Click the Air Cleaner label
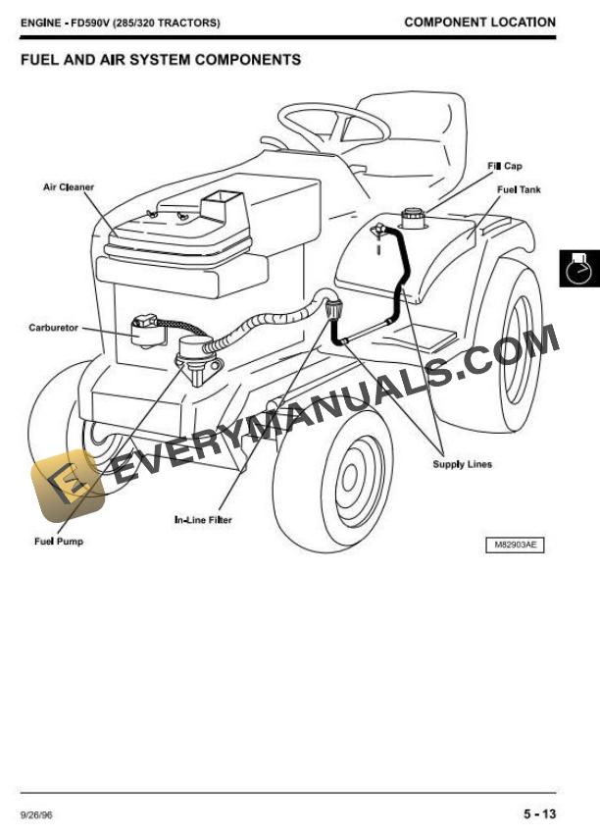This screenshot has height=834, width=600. (68, 186)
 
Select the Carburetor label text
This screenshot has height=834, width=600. (54, 328)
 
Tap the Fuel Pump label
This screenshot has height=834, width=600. (60, 542)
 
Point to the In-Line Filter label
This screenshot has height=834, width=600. (203, 520)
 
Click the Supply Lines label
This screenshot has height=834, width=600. (463, 464)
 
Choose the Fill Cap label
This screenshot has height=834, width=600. (505, 166)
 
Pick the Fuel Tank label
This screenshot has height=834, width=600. (519, 189)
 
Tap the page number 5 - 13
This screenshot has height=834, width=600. (539, 813)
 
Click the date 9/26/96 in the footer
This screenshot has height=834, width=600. (35, 814)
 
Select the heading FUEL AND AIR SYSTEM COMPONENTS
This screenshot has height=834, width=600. (160, 60)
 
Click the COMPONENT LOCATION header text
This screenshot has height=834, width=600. (479, 22)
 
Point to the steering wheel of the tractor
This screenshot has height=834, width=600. (333, 122)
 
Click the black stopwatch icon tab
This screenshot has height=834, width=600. (579, 268)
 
